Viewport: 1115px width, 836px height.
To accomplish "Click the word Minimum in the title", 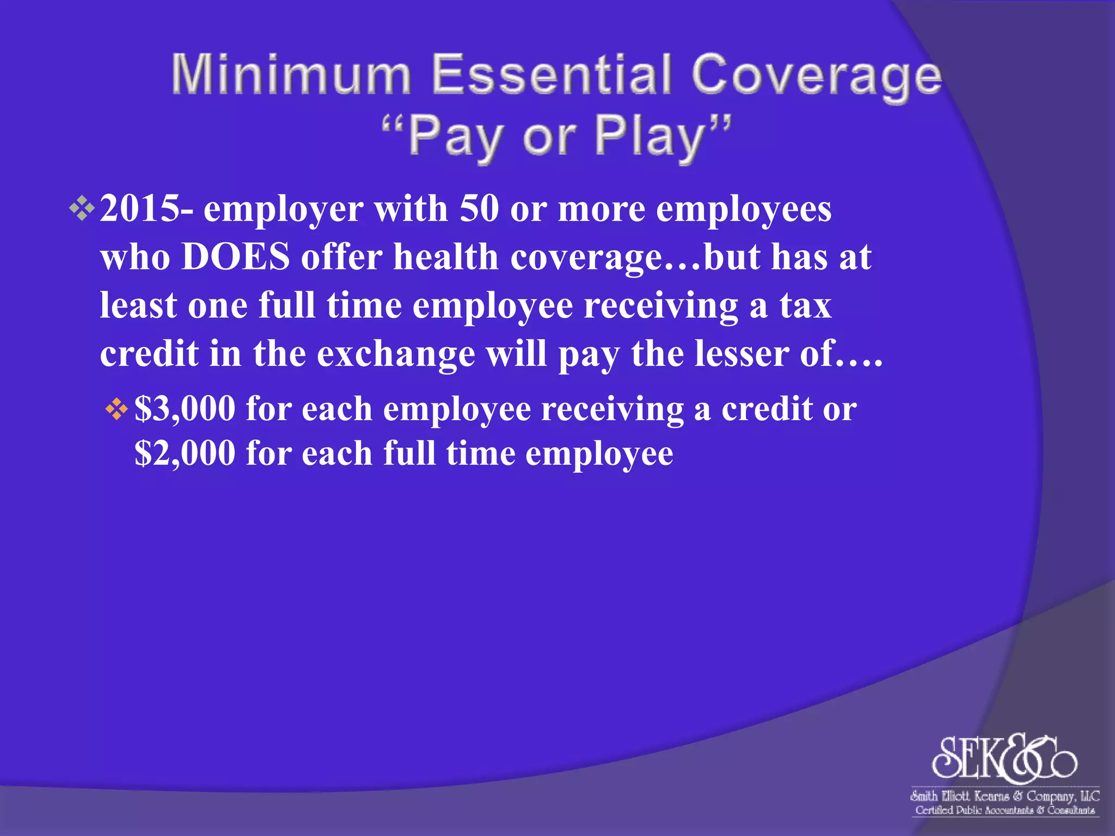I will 291,75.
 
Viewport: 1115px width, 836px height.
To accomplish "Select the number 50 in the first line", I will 479,209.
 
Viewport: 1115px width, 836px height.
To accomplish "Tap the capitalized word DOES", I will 235,257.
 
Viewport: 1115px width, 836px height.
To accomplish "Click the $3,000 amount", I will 185,409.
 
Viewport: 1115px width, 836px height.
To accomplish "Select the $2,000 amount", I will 185,453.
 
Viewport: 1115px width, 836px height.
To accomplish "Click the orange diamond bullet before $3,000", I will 117,409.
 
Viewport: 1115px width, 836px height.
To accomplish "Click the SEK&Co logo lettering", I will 1004,758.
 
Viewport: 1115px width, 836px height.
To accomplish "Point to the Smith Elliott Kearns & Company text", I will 1004,796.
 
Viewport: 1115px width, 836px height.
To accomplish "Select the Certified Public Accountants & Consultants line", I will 1004,810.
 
